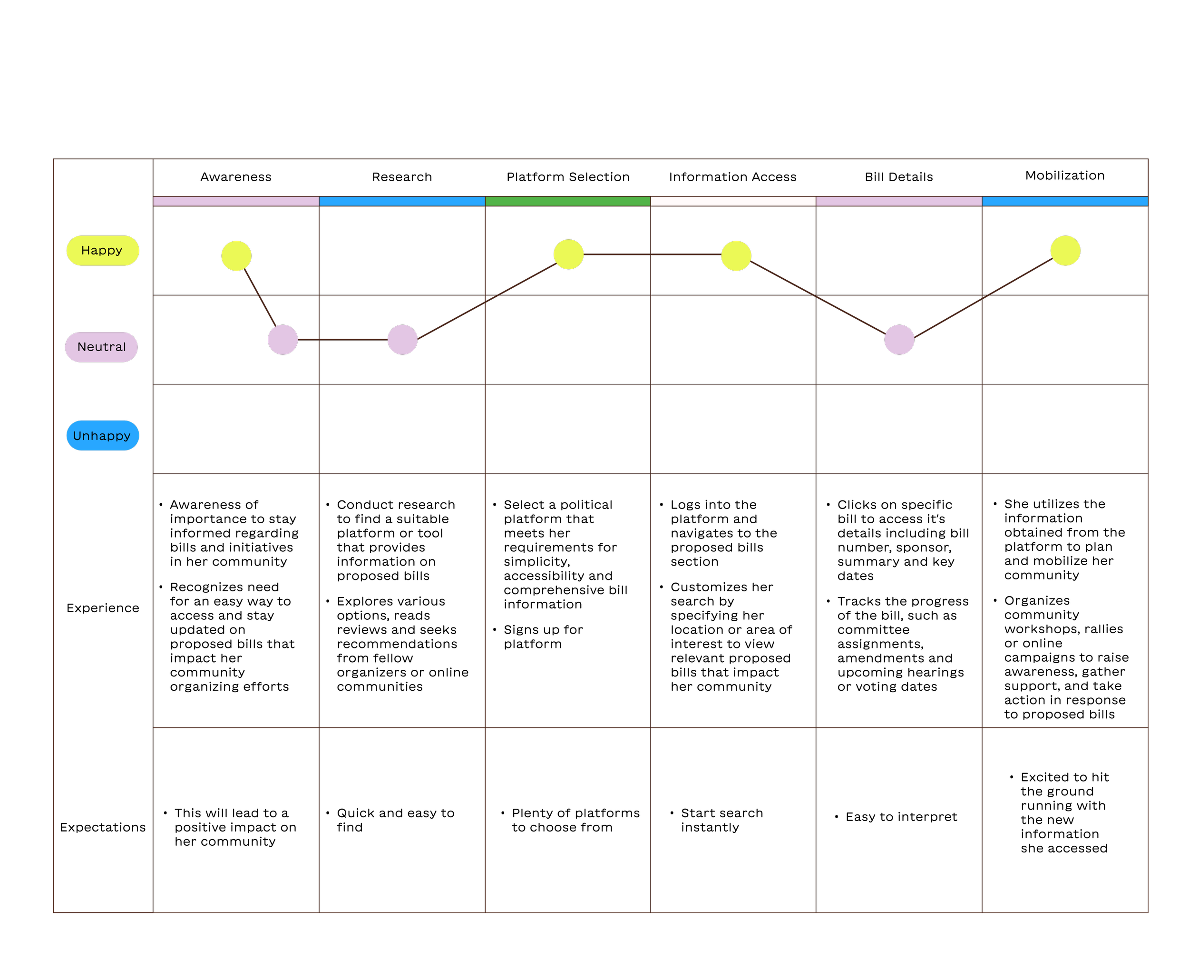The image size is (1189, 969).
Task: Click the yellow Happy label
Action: (x=103, y=251)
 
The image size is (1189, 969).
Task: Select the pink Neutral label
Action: (x=102, y=347)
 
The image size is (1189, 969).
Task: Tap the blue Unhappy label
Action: (x=103, y=436)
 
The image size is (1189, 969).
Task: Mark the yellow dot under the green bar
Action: (x=568, y=254)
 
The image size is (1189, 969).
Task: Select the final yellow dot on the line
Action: (x=1065, y=251)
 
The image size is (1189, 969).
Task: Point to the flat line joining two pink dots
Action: (x=342, y=339)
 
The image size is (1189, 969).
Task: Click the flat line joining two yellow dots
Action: (x=652, y=254)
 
